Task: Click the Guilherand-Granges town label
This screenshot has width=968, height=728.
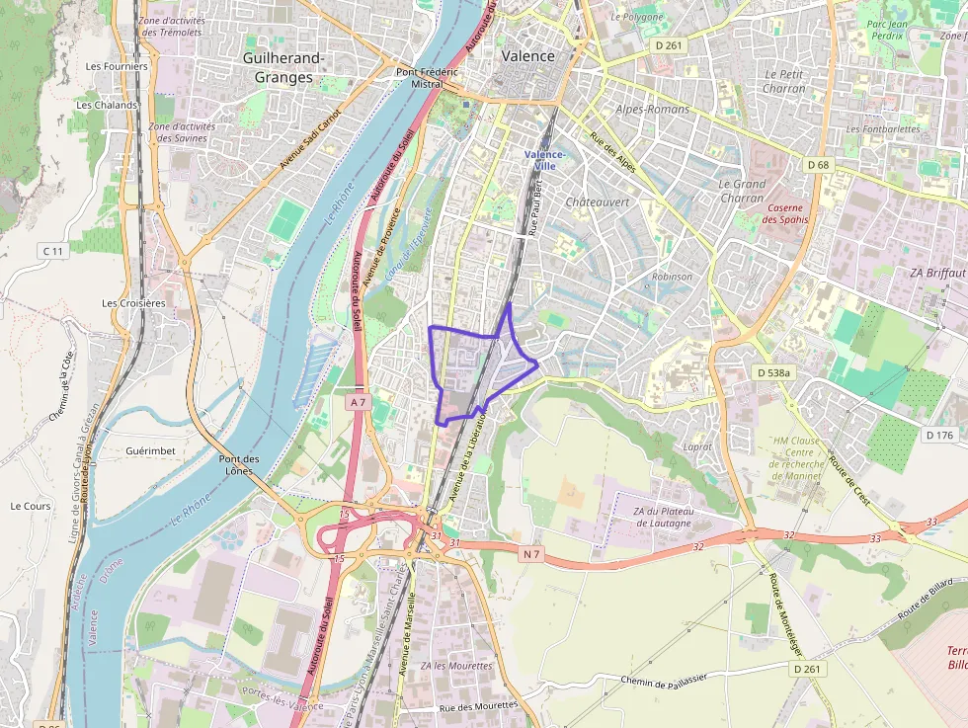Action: coord(283,68)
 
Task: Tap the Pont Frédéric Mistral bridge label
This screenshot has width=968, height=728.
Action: coord(427,78)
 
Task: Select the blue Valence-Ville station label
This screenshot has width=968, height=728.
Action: coord(544,160)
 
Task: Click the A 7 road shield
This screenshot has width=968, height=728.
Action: coord(358,402)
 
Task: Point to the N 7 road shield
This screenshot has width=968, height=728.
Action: coord(531,554)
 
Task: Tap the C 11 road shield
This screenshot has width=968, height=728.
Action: coord(52,252)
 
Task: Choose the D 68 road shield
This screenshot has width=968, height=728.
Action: coord(817,164)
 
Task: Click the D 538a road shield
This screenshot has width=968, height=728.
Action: coord(772,372)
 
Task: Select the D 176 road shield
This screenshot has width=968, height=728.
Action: coord(938,435)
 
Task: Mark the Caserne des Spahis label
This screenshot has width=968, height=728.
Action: coord(785,213)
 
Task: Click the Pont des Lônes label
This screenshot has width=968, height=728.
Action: coord(239,464)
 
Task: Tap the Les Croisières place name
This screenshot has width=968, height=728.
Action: coord(133,303)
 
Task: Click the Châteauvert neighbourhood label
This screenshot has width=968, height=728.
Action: coord(597,202)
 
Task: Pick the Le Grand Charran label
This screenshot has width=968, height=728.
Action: coord(742,191)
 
